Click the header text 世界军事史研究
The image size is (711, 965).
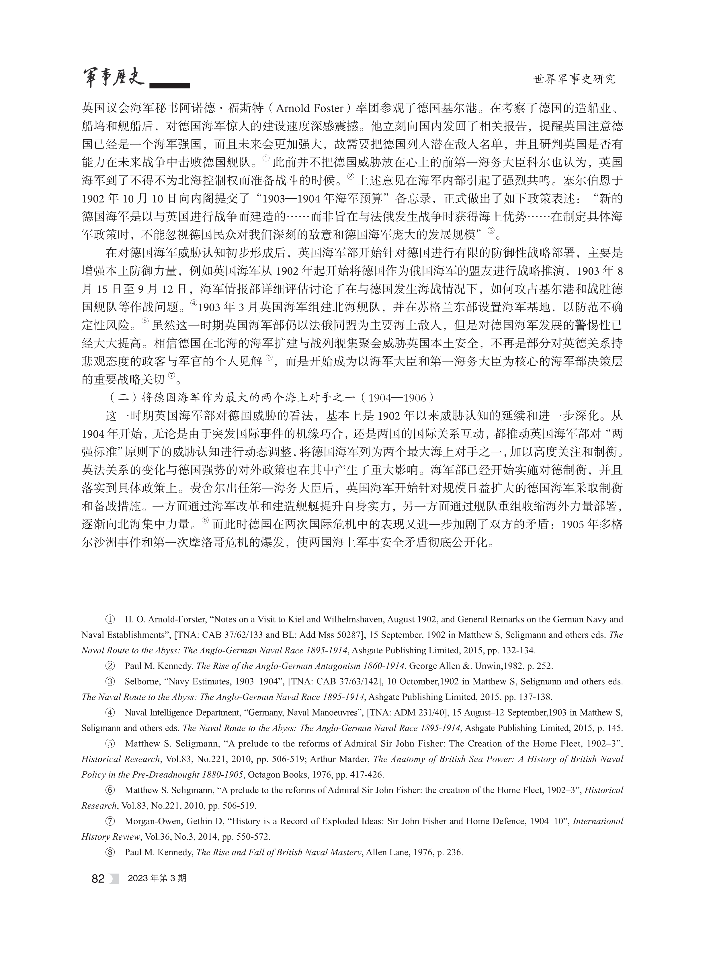575,79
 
